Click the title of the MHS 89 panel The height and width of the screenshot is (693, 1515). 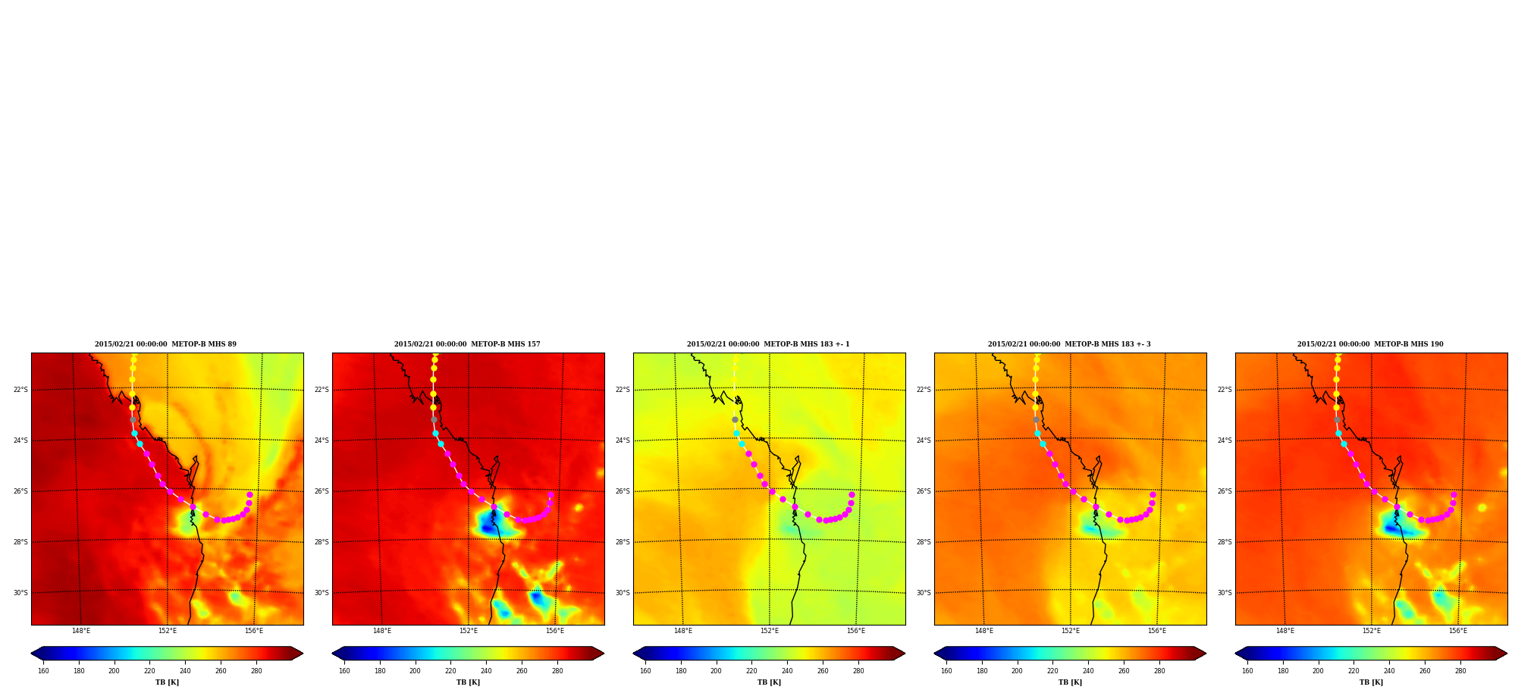pos(165,344)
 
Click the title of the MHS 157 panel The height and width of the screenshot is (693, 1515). pos(467,344)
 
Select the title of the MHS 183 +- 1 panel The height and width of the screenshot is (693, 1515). pos(768,344)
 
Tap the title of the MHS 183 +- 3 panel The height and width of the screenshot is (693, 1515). pos(1069,344)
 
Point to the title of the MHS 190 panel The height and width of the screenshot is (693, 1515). pos(1370,344)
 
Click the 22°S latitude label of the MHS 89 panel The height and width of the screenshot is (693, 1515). pos(20,390)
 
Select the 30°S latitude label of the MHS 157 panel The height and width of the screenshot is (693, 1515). pos(322,593)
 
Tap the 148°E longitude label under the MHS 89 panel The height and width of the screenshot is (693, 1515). pos(81,631)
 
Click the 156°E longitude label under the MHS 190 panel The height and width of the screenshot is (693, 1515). pos(1458,631)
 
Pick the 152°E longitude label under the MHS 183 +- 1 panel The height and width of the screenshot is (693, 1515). pos(770,631)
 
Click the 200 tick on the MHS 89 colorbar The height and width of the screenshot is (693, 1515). pos(114,670)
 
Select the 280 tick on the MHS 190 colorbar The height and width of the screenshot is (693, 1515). pos(1460,670)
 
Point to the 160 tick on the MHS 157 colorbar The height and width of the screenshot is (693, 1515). pos(344,670)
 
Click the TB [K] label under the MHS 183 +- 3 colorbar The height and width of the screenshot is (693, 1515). pos(1070,682)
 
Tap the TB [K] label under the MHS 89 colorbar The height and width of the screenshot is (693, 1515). pos(167,682)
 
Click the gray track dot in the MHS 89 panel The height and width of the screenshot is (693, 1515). pos(133,419)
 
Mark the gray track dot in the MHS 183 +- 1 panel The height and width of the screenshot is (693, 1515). pos(735,419)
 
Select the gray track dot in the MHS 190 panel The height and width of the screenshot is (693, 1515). pos(1337,419)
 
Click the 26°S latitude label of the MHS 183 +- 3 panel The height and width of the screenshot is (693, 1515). pos(924,491)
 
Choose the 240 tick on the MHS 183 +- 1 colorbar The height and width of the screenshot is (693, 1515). pos(787,670)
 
